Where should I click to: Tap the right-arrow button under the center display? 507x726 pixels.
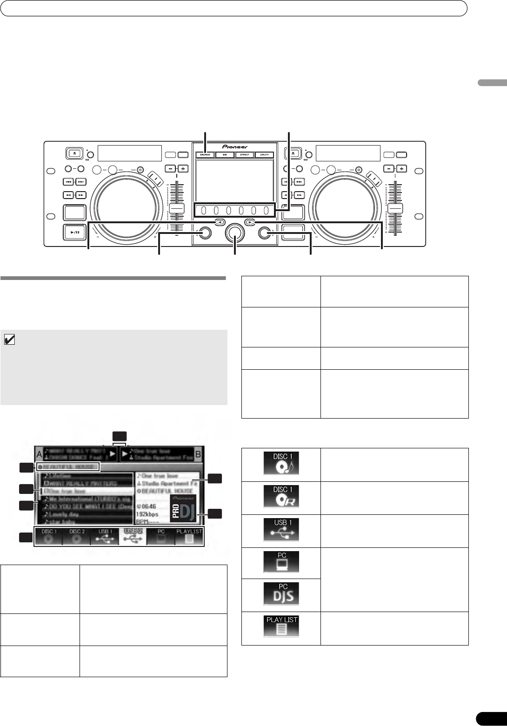click(x=250, y=222)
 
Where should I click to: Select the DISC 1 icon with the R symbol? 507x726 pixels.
click(x=281, y=498)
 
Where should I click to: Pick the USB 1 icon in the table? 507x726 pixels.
click(x=281, y=531)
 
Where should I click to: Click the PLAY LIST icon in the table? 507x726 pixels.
click(x=281, y=628)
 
